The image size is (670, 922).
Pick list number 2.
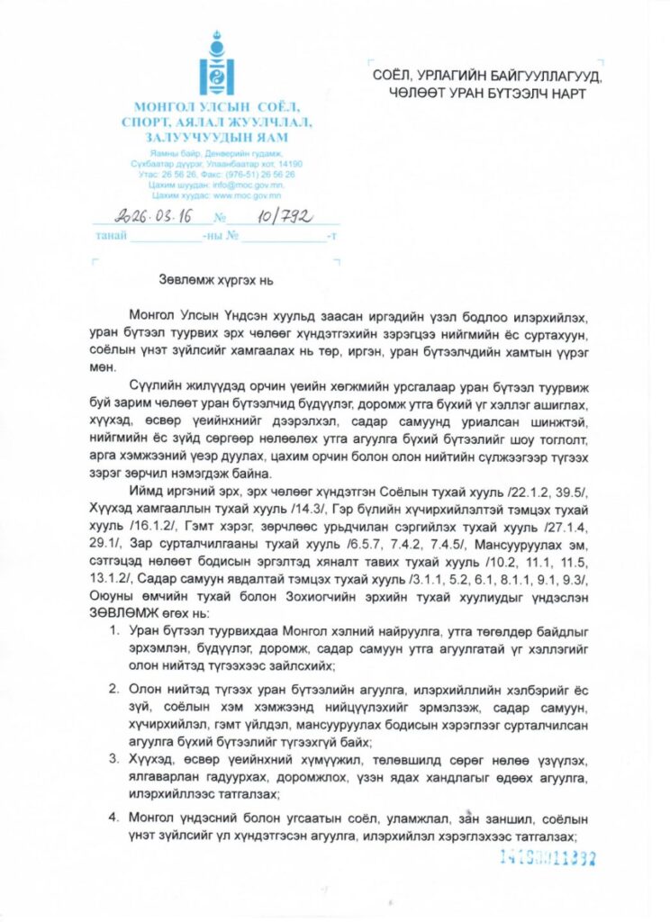(115, 688)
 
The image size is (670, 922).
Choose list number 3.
(115, 759)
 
